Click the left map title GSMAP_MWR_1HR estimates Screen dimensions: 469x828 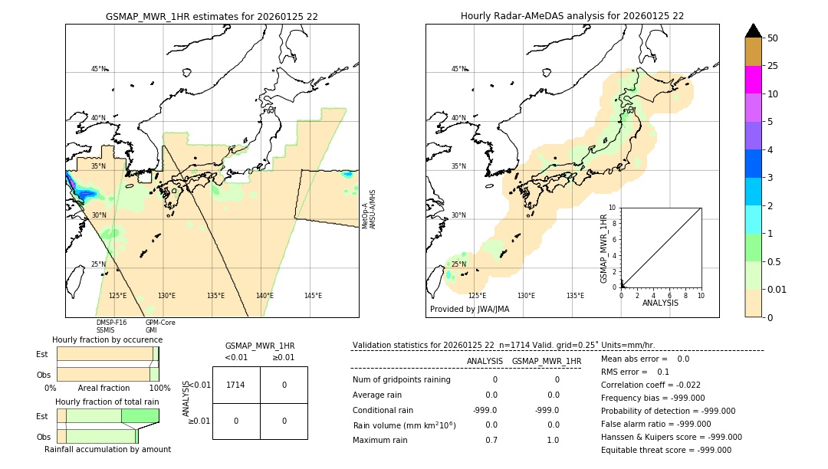coord(212,16)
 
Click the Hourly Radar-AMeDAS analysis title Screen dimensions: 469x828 coord(572,16)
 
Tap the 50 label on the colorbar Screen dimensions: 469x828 coord(773,38)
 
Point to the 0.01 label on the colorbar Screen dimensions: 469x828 coord(777,289)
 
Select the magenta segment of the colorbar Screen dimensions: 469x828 coord(753,80)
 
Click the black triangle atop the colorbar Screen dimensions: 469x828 coord(753,30)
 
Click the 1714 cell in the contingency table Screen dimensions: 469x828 coord(236,385)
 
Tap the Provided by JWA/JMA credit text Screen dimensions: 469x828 coord(469,309)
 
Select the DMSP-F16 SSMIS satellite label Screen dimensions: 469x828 coord(111,326)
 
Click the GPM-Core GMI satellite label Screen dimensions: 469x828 coord(160,326)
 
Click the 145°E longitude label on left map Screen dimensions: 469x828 coord(313,296)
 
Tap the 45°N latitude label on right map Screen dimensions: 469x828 coord(458,69)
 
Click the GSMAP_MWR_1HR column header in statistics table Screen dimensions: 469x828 coord(546,361)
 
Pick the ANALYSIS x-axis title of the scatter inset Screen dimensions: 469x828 coord(660,303)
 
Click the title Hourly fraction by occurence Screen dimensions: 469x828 coord(107,339)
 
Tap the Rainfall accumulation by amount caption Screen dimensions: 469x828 coord(107,449)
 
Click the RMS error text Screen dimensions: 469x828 coord(635,372)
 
